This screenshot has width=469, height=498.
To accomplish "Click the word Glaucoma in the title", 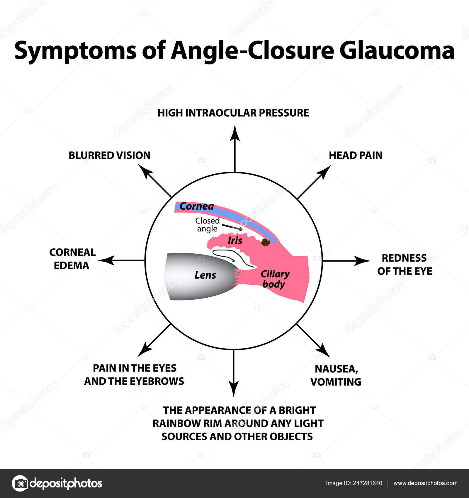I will click(397, 50).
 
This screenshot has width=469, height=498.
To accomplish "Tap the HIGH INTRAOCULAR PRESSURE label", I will click(233, 113).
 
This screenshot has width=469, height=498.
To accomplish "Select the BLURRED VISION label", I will click(109, 155).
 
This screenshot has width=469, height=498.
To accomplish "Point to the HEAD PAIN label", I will click(355, 155).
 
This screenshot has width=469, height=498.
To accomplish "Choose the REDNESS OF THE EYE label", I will click(405, 264).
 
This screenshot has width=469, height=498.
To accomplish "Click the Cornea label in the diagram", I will click(196, 206).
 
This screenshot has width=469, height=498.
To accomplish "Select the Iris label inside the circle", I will click(235, 241).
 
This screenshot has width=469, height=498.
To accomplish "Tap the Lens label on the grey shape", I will click(205, 275).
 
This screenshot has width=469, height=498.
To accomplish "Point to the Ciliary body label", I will click(275, 279).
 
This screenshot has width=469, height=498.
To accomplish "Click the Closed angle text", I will click(208, 225).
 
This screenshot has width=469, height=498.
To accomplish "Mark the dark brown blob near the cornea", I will click(266, 242).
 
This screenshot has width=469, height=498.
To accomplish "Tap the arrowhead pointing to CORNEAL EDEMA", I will click(106, 260).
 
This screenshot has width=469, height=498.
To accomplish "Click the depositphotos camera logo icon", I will click(20, 483).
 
